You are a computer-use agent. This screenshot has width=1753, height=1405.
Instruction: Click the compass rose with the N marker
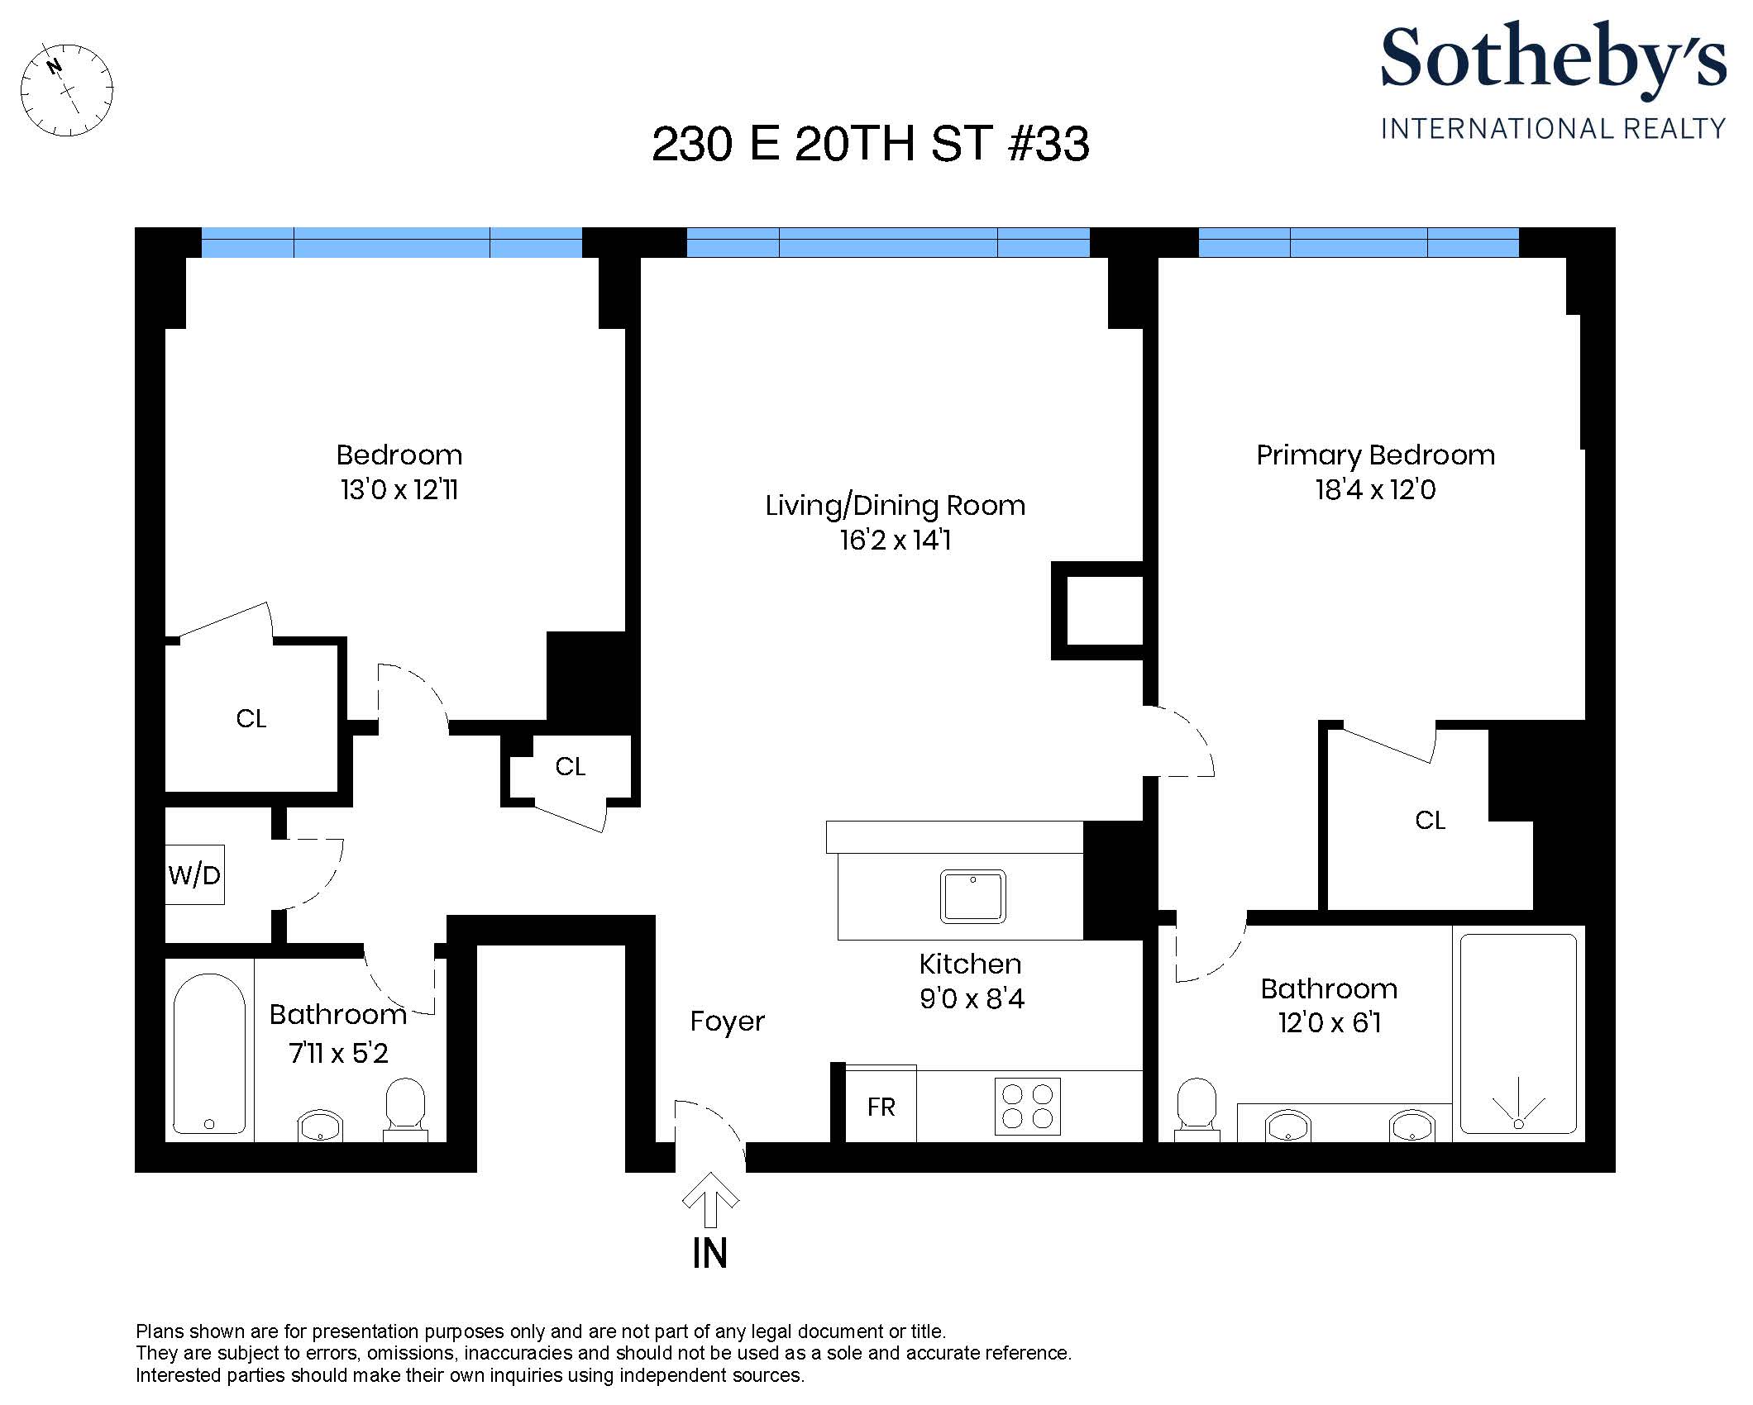click(x=66, y=90)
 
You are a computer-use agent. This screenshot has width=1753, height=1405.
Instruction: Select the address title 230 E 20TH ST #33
click(x=871, y=144)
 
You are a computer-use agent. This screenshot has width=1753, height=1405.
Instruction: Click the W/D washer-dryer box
click(x=195, y=874)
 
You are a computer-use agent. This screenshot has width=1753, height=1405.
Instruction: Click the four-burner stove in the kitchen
click(x=1028, y=1107)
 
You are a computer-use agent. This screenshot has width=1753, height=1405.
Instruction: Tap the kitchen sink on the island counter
click(x=973, y=896)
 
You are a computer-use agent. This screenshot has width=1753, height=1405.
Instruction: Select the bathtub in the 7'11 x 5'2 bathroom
click(x=209, y=1054)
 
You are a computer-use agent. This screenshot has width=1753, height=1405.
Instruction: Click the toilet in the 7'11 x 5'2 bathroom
click(x=405, y=1109)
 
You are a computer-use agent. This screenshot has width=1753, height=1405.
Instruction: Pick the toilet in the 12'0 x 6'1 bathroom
click(x=1197, y=1109)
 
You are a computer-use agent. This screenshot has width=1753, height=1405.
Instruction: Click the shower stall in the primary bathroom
click(x=1518, y=1034)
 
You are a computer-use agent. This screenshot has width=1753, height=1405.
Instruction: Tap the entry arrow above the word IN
click(x=710, y=1199)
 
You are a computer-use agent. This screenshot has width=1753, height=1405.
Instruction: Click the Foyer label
click(x=728, y=1022)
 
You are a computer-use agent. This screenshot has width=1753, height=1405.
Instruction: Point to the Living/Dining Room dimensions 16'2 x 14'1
click(x=896, y=541)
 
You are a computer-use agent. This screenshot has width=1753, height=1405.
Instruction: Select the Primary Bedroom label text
click(x=1376, y=456)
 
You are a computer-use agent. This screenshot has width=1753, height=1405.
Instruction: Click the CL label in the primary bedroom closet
click(x=1431, y=821)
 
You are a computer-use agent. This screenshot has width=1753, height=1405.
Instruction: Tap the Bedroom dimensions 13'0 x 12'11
click(x=399, y=490)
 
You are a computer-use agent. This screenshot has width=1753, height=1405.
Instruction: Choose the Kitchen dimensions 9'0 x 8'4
click(x=972, y=999)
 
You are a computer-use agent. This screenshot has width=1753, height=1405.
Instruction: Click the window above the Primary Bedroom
click(x=1359, y=242)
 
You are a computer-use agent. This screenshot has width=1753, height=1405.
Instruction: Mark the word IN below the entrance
click(x=710, y=1254)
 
